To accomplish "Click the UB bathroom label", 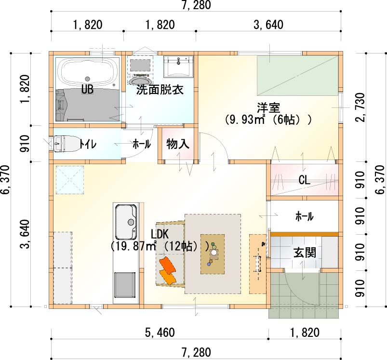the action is [x=87, y=89].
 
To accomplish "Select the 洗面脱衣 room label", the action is [x=160, y=90].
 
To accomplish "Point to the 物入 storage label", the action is [x=178, y=144].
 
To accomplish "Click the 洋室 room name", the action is [x=268, y=108].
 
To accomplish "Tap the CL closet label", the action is [x=304, y=180].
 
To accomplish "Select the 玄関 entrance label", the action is [x=305, y=253].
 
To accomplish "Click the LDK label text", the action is [x=160, y=234].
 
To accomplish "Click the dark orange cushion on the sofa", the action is [x=168, y=266].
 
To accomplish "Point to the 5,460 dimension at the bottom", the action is [x=160, y=333].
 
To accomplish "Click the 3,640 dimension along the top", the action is [x=268, y=25].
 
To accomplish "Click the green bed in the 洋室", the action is [x=298, y=76].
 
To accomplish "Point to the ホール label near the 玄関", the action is [x=305, y=216].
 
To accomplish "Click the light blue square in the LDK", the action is [x=70, y=180].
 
